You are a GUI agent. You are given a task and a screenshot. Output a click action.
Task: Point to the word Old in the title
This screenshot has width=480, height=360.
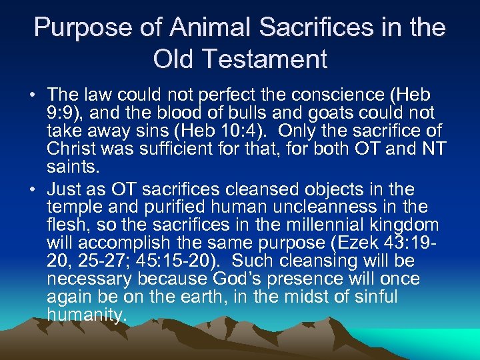[173, 59]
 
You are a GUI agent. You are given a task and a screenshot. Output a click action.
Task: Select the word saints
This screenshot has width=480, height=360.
[72, 165]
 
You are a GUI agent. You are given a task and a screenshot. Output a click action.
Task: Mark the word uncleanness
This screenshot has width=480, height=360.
[307, 206]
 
